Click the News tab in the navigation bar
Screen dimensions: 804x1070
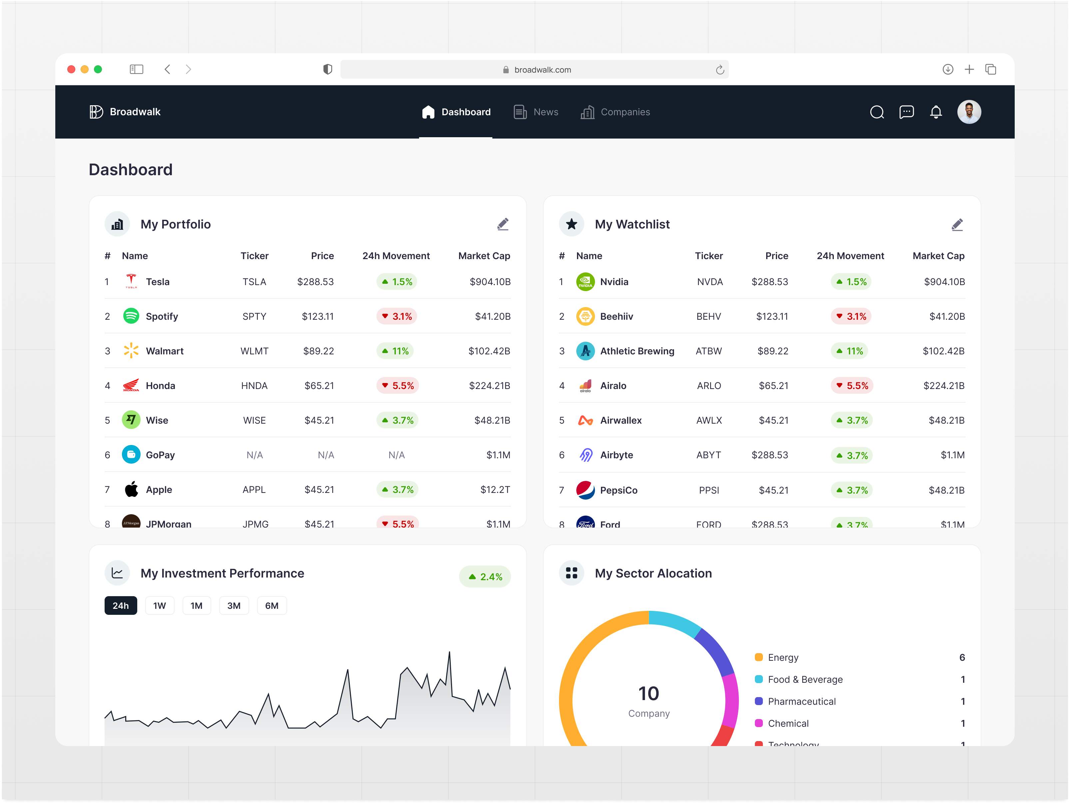tap(536, 112)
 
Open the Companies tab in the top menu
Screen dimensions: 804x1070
tap(615, 112)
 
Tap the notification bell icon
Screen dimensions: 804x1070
tap(935, 112)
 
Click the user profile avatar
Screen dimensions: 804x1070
tap(969, 112)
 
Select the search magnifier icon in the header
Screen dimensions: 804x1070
tap(876, 112)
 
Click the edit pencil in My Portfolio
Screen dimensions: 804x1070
tap(503, 224)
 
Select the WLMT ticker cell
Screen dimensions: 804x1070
tap(255, 351)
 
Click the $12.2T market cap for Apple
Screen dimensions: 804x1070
tap(495, 490)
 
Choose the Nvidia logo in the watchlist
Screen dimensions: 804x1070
tap(585, 281)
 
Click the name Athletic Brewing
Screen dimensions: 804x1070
tap(637, 351)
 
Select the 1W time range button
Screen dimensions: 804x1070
tap(159, 605)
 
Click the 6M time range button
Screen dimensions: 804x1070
tap(271, 605)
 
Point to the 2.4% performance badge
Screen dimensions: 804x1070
tap(485, 577)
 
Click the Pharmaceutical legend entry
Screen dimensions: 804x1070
tap(802, 701)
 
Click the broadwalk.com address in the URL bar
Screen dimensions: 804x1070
tap(542, 70)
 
